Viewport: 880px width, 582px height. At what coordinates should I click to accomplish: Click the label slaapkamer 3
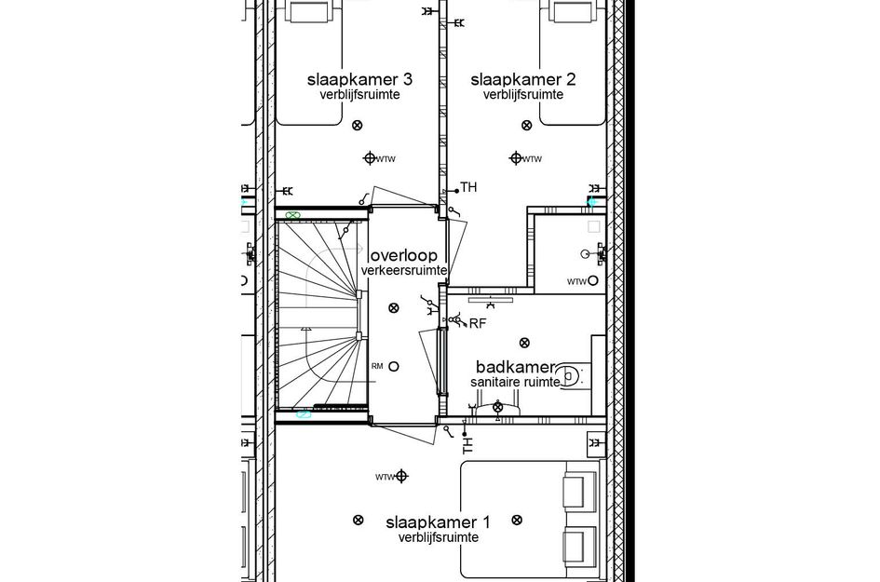(x=359, y=79)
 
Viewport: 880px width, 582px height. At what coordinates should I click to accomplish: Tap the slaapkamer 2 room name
(x=522, y=79)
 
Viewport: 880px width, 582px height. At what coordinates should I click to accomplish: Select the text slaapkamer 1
(x=438, y=522)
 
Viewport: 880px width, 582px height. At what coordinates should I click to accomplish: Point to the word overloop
(x=403, y=255)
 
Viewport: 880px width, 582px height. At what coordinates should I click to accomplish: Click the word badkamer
(x=515, y=367)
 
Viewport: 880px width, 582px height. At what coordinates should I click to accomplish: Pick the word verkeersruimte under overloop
(x=404, y=270)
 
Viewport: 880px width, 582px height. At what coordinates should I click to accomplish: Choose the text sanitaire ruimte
(x=515, y=382)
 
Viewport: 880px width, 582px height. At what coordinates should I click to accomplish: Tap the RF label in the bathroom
(x=478, y=323)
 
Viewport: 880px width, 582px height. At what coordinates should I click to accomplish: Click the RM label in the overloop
(x=377, y=366)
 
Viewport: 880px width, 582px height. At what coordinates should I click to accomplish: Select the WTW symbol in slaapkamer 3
(x=371, y=158)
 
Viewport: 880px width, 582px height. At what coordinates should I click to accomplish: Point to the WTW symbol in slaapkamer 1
(x=401, y=476)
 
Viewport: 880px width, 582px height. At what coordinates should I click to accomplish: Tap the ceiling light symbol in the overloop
(x=394, y=307)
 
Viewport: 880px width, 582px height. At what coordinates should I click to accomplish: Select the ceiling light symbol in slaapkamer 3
(x=359, y=125)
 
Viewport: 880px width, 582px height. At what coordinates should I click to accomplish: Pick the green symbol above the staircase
(x=294, y=215)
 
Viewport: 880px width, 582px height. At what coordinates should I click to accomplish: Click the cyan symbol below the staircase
(x=304, y=416)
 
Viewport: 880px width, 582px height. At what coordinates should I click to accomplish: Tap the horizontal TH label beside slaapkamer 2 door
(x=468, y=188)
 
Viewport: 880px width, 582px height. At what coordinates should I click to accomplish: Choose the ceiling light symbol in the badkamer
(x=524, y=343)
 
